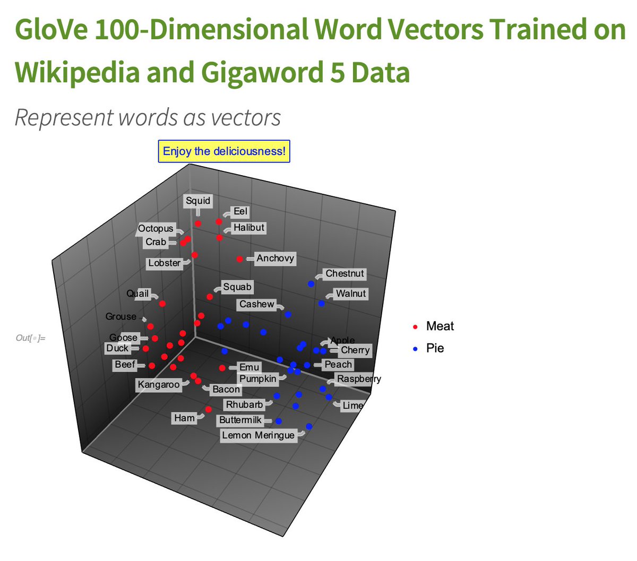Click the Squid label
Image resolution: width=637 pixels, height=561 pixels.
(x=198, y=201)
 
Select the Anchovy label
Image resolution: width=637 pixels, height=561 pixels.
(x=275, y=258)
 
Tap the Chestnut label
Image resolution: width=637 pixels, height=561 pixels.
(x=345, y=274)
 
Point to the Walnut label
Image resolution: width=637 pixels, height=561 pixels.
(x=350, y=294)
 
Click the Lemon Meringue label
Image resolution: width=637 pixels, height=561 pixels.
(x=258, y=435)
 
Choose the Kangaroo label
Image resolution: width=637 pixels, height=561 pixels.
(x=159, y=384)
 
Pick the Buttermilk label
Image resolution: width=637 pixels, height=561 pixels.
(x=240, y=420)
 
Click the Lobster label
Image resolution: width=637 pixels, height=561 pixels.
(x=164, y=263)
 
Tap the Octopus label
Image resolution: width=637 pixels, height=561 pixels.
(x=156, y=228)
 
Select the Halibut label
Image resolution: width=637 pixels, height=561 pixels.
(x=248, y=228)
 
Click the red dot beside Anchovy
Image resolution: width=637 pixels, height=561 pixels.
(x=239, y=259)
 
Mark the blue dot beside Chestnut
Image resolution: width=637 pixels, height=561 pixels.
(x=311, y=283)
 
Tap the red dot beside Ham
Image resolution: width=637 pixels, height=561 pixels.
(x=208, y=409)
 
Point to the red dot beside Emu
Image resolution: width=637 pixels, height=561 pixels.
(x=222, y=368)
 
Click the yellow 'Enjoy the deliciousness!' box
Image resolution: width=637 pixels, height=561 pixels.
(x=224, y=151)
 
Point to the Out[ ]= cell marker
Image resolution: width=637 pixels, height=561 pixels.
(x=30, y=338)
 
